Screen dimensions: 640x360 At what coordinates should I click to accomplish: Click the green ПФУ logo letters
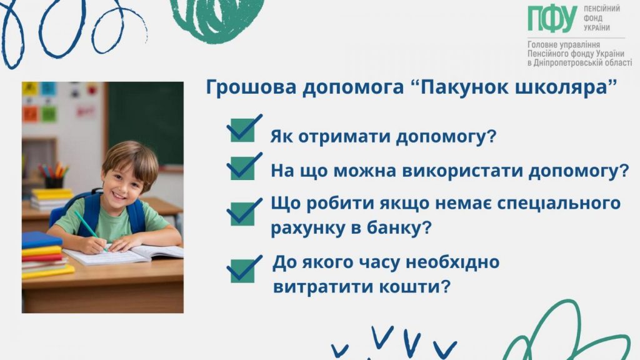552,19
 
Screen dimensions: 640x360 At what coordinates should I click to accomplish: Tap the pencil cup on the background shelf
54,181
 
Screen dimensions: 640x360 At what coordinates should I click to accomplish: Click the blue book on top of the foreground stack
42,239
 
